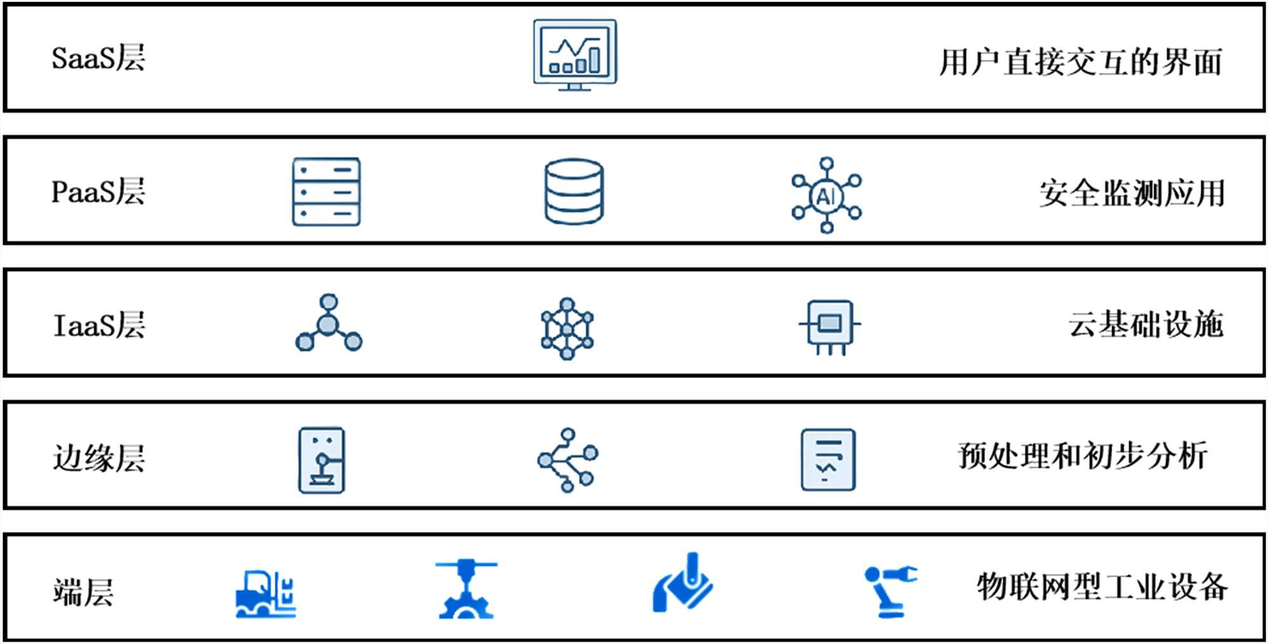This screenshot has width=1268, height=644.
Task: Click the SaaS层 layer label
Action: pos(98,58)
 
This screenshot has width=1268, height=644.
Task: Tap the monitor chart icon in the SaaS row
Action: pos(574,55)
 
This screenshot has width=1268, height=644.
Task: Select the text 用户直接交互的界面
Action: pos(1080,62)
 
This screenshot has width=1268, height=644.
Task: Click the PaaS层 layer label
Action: pos(98,192)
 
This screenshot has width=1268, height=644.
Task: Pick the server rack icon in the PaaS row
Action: pos(327,192)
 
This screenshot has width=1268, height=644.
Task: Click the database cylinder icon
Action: pos(574,192)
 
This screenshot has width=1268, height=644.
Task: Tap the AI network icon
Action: pos(826,195)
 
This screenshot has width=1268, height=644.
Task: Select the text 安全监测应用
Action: pos(1132,193)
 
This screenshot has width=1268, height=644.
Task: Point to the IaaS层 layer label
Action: pos(99,325)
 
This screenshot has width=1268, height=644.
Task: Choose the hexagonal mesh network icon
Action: pos(567,329)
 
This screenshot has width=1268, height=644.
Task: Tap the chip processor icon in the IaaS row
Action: pos(830,326)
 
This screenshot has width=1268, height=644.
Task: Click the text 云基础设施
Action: pos(1146,324)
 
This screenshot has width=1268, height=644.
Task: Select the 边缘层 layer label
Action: pos(99,457)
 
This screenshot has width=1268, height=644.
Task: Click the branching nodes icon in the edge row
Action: pos(568,460)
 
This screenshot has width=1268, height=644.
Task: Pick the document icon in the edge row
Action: pos(828,460)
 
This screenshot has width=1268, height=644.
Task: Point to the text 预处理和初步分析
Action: pos(1082,456)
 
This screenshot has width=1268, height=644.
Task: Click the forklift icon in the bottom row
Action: pos(266,594)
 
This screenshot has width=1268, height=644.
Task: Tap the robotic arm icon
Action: pos(889,591)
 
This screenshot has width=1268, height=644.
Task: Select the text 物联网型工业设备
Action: pos(1102,586)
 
